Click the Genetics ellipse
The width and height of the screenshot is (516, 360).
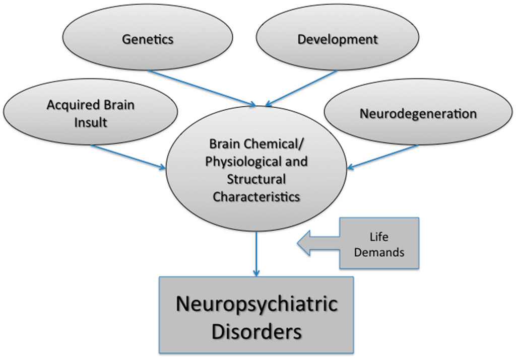pos(147,38)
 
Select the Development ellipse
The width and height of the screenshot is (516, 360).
pos(337,38)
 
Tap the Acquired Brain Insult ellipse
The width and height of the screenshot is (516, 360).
pos(91,113)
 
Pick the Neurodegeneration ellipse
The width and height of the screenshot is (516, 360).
pos(418,114)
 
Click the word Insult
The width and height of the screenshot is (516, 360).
pos(91,122)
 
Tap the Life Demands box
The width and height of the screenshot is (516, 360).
pos(379,243)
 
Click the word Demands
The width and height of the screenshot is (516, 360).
pos(379,252)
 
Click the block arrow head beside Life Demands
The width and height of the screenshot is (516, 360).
pos(308,244)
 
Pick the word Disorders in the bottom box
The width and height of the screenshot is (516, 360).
pos(256,332)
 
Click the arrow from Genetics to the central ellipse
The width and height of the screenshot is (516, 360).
pos(202,88)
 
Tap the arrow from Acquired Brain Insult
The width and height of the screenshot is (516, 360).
pos(128,157)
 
